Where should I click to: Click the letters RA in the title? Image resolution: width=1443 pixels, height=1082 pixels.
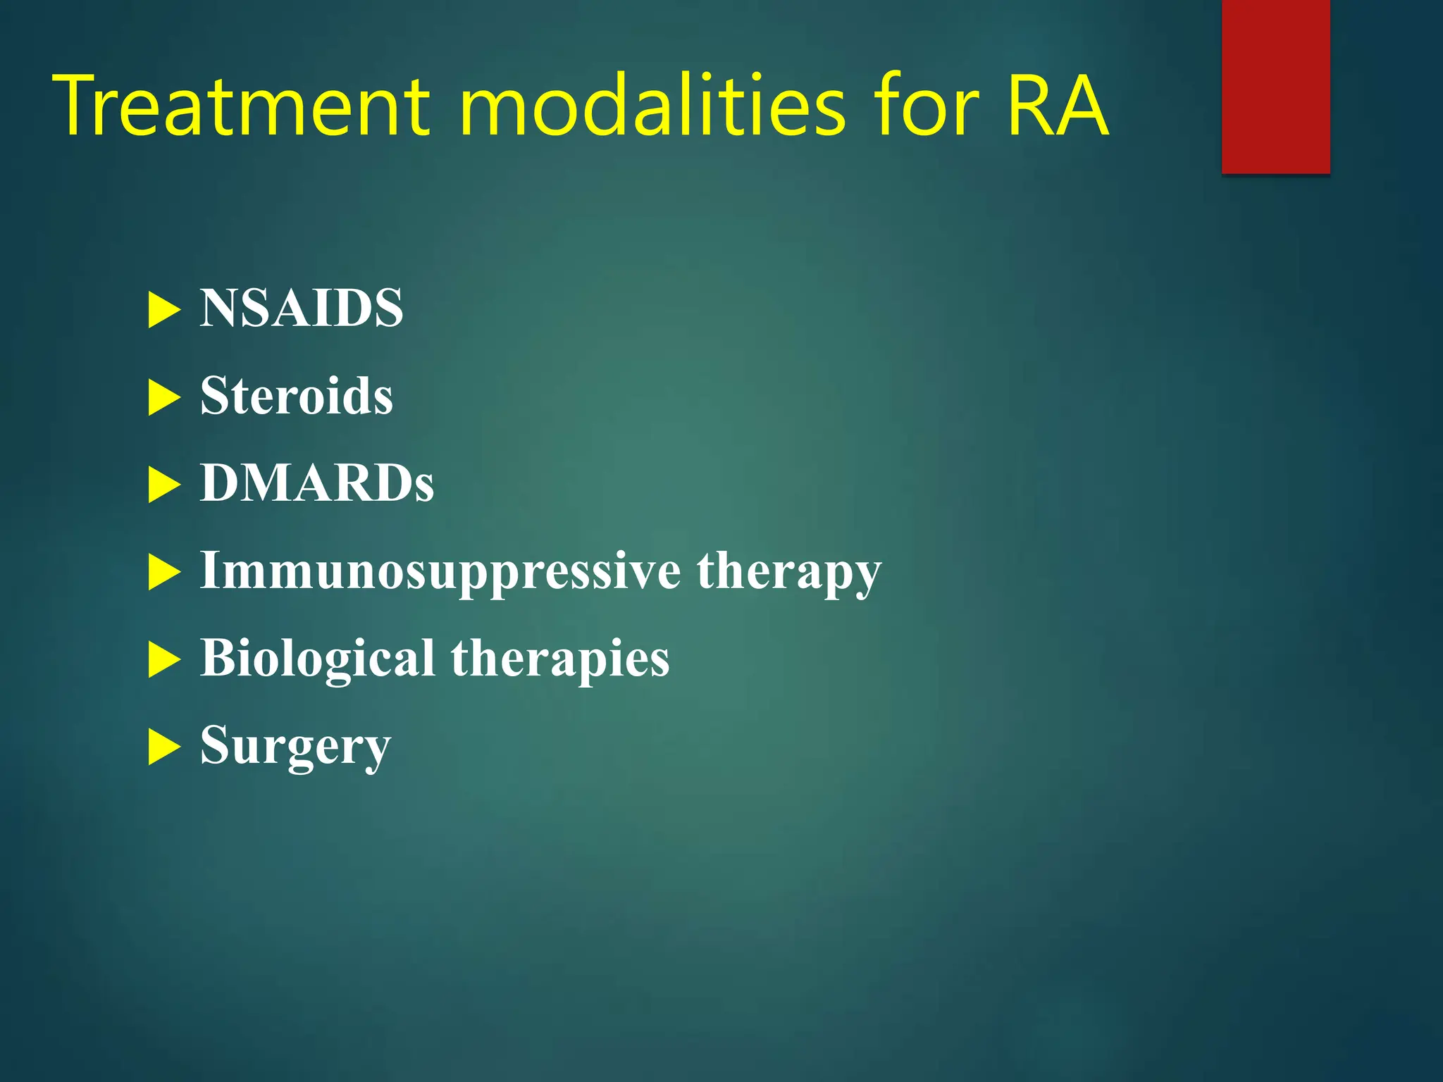click(x=1058, y=106)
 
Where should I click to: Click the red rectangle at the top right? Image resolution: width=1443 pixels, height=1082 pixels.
click(x=1275, y=86)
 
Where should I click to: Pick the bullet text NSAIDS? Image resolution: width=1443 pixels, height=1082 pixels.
click(x=302, y=309)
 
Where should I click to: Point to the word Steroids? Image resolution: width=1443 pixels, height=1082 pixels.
click(x=297, y=396)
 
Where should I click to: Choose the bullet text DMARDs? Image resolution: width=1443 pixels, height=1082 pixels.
click(x=317, y=483)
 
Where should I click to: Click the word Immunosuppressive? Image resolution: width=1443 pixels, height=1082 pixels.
click(x=440, y=571)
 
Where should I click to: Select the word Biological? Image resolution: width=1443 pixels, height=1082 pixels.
click(x=317, y=658)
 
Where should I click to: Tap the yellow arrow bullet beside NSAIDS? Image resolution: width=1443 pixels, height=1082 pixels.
click(x=164, y=311)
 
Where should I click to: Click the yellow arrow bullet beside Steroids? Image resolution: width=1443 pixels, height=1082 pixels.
click(x=164, y=398)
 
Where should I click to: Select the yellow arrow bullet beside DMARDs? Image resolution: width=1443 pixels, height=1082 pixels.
click(x=164, y=485)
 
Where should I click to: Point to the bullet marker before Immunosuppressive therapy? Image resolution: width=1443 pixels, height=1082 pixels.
click(x=164, y=572)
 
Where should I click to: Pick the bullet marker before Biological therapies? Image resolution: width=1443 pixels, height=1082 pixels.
click(x=164, y=660)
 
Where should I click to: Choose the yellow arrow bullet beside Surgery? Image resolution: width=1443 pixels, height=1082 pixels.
click(x=164, y=747)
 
